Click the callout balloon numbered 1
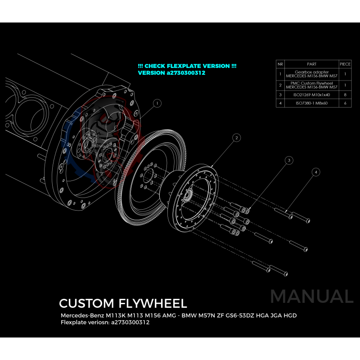coord(157,103)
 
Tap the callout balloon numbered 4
coord(317,172)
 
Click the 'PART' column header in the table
coord(311,64)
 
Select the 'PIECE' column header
coord(345,64)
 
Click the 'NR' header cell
coord(280,64)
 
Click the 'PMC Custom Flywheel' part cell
coord(311,85)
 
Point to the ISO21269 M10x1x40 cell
coord(311,95)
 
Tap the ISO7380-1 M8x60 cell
coord(311,103)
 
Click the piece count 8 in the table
coord(345,95)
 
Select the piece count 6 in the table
coord(345,103)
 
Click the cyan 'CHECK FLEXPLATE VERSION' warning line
coord(187,66)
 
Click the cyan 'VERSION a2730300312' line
coord(171,73)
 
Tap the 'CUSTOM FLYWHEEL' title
coord(122,303)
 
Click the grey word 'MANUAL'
coord(311,297)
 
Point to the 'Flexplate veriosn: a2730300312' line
coord(105,323)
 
